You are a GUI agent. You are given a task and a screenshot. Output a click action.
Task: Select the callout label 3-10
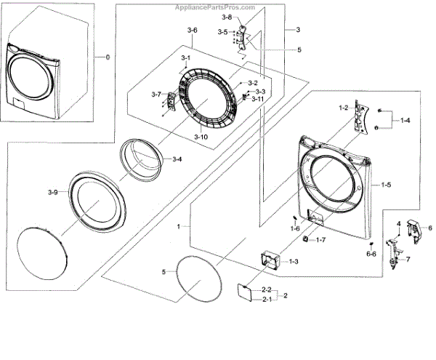201,137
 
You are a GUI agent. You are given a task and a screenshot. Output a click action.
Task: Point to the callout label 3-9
53,192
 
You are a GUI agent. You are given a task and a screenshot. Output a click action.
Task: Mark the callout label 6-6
371,254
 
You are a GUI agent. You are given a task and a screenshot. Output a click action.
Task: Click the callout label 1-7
320,239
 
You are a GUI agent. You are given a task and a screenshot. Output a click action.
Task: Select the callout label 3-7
156,95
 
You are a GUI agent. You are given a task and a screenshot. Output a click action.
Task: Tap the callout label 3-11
258,99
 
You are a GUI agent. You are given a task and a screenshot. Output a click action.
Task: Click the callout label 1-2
344,108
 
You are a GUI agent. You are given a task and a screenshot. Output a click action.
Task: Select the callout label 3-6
192,30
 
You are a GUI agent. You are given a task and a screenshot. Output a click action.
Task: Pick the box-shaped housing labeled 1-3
271,260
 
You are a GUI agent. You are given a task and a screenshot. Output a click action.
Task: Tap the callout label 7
407,259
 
